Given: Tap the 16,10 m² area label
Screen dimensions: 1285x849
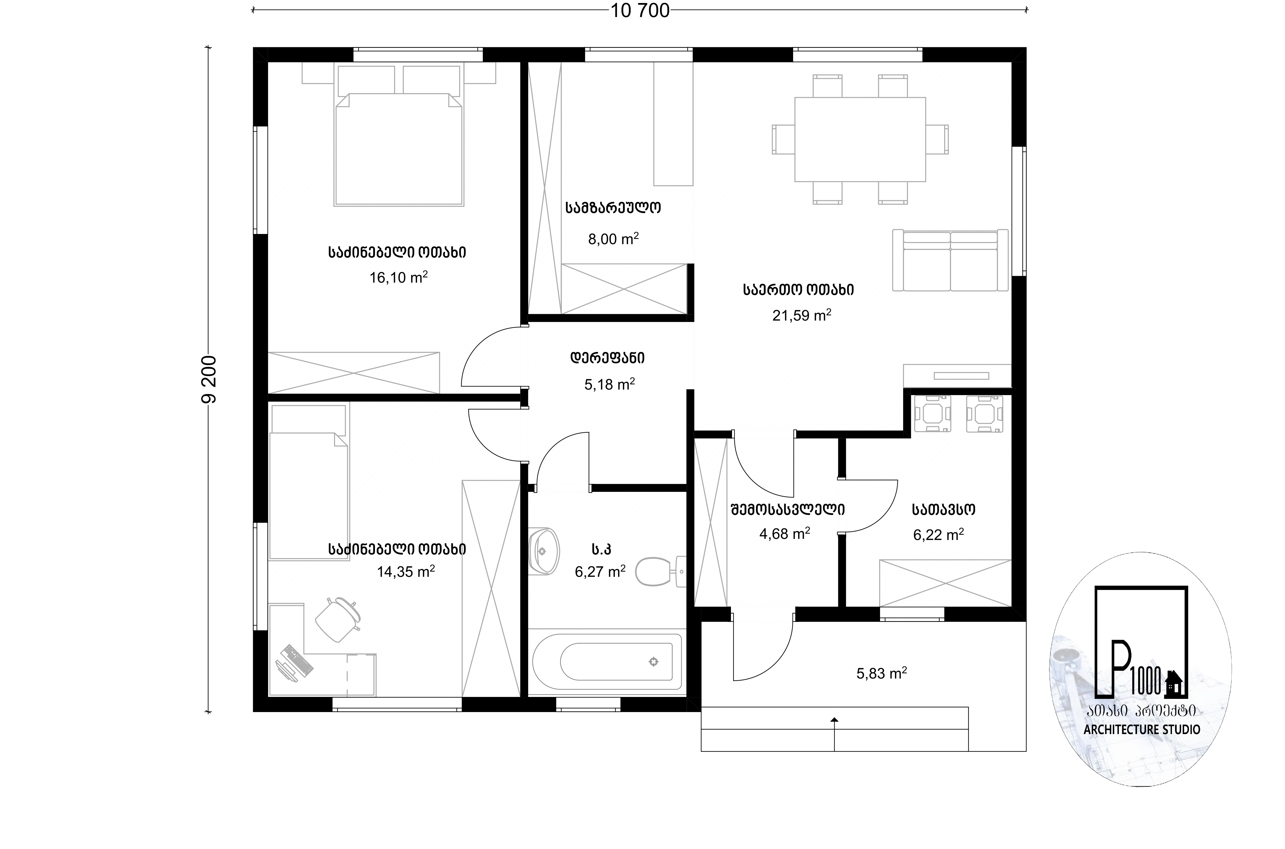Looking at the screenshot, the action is pyautogui.click(x=399, y=277).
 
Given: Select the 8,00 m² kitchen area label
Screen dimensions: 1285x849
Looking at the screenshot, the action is pyautogui.click(x=613, y=238).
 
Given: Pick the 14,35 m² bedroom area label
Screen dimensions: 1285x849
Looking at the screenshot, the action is pyautogui.click(x=406, y=571).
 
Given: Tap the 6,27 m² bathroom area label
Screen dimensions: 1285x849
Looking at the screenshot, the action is pyautogui.click(x=600, y=571).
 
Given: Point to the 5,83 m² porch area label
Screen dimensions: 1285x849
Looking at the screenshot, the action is pyautogui.click(x=881, y=673).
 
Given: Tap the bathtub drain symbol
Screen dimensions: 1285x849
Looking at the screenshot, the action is pyautogui.click(x=654, y=662).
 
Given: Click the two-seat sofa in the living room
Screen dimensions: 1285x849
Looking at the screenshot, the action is pyautogui.click(x=950, y=260).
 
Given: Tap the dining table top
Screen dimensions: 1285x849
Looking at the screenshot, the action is pyautogui.click(x=860, y=139).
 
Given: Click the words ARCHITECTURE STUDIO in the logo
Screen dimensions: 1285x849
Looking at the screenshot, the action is pyautogui.click(x=1141, y=729).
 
